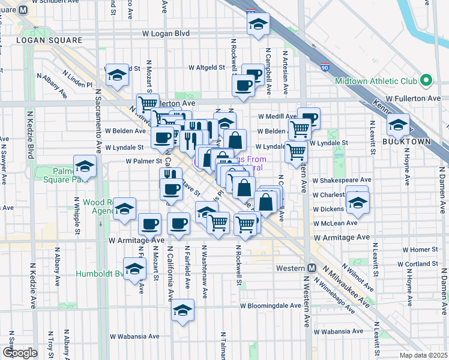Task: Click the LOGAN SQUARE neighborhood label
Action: (49, 40)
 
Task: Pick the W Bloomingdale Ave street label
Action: (270, 305)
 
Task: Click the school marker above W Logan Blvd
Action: (259, 25)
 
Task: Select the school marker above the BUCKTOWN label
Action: (398, 125)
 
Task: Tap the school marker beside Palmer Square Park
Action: (85, 167)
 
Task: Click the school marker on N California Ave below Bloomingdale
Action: (183, 310)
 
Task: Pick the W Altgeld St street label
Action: (206, 68)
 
